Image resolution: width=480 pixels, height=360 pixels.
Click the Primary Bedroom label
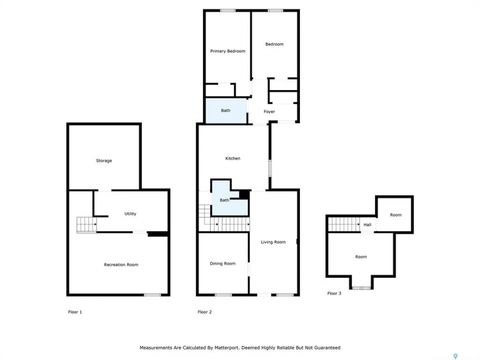tap(227, 51)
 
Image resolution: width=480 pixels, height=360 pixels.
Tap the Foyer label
tap(269, 111)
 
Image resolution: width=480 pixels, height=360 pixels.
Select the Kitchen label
tap(232, 158)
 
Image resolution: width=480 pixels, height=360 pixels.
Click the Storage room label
tap(104, 160)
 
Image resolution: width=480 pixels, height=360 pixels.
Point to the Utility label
tap(130, 213)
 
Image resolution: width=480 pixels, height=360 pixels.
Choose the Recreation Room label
tap(121, 265)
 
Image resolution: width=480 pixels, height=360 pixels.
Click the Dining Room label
tap(222, 263)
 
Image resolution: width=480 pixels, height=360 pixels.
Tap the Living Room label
tap(273, 242)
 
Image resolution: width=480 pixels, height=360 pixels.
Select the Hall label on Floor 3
tap(367, 224)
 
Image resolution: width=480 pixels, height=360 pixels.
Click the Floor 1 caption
tap(75, 312)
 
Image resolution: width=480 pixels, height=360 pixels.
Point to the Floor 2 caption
tap(204, 312)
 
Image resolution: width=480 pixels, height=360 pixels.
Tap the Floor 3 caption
tap(334, 293)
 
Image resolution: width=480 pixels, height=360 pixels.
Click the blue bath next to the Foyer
tap(226, 110)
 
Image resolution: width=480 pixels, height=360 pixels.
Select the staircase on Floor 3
tap(344, 224)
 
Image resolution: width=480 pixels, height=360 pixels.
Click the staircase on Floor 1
tap(86, 224)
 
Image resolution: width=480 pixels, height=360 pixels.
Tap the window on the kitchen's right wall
tap(269, 168)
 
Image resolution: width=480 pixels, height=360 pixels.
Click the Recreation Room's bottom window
tap(152, 295)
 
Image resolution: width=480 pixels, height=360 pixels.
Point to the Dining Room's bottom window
tap(223, 295)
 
